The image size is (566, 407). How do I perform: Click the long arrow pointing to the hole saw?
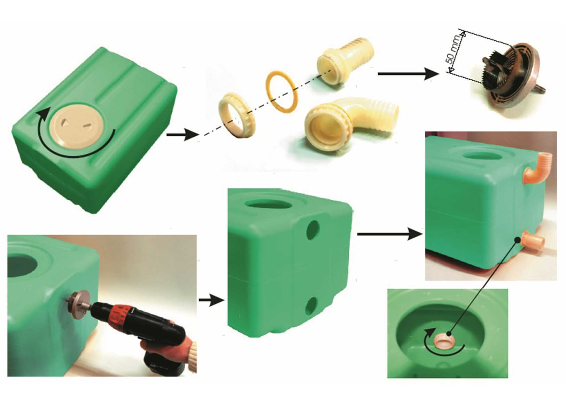tap(408, 74)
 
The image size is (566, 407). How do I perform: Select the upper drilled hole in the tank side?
tap(313, 230)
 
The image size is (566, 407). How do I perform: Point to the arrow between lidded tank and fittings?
tap(183, 135)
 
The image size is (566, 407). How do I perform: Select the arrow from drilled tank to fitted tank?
tap(390, 234)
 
